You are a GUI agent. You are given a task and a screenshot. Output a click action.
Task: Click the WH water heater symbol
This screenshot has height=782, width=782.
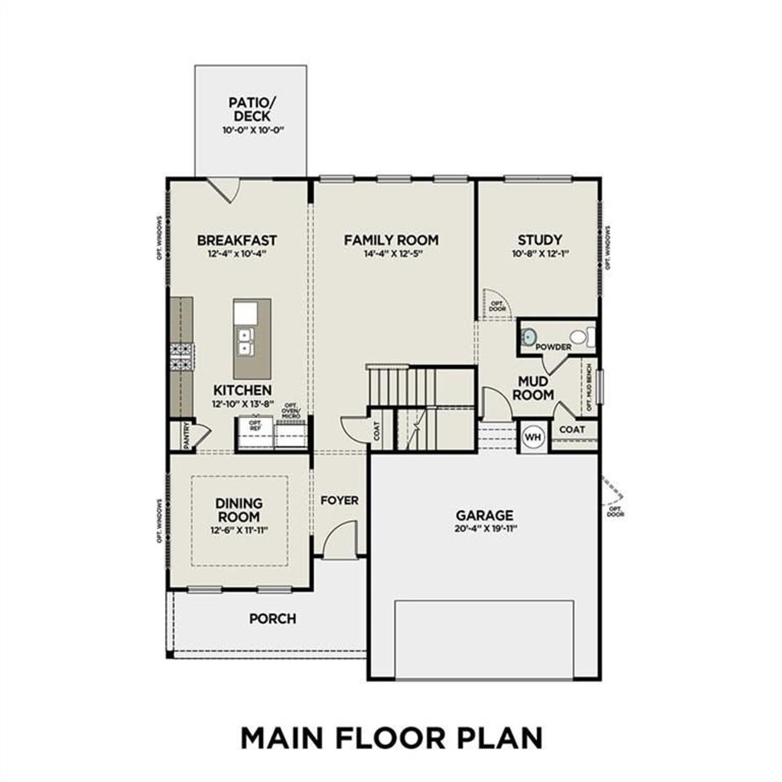533,437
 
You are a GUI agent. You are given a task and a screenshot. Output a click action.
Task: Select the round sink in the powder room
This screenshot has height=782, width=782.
529,336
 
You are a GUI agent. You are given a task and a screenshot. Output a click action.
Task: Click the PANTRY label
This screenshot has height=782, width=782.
186,436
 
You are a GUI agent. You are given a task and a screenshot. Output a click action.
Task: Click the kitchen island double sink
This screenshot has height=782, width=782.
246,341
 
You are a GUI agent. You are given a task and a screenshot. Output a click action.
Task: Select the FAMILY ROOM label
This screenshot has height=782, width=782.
391,240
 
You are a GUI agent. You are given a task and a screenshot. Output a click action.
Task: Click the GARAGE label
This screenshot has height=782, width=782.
484,515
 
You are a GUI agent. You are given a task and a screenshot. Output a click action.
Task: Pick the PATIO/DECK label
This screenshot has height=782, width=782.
250,109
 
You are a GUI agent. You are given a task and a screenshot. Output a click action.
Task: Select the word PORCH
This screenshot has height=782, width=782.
272,619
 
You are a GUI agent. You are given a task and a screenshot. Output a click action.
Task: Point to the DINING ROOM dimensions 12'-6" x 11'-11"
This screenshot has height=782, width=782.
239,530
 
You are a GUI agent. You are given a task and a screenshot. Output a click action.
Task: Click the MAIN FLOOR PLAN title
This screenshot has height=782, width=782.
391,737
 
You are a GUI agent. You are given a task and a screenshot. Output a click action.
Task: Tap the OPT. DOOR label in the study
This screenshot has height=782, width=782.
498,306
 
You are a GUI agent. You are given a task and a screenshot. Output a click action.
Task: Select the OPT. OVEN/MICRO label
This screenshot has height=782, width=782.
291,412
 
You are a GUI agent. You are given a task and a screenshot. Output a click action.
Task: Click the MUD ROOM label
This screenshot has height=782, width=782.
533,389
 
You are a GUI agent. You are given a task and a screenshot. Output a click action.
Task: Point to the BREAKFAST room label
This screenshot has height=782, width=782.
237,240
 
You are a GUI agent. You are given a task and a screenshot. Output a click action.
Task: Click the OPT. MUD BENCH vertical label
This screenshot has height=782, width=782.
589,388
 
